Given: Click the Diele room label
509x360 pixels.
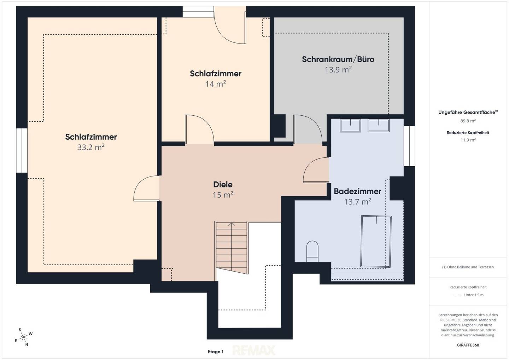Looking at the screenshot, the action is (223, 184).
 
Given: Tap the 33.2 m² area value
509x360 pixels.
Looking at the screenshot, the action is (90, 147).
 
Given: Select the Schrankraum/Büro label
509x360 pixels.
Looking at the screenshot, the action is (338, 59).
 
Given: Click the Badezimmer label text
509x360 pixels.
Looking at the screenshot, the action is (357, 191).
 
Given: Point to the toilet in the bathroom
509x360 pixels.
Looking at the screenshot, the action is (312, 251).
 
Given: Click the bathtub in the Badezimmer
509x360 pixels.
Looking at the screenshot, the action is (376, 241).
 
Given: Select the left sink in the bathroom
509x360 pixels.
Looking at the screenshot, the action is (350, 125).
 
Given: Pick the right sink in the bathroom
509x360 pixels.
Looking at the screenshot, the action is (378, 125).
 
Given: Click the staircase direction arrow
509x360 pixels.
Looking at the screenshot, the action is (231, 248).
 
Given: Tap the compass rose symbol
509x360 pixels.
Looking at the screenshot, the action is (23, 337).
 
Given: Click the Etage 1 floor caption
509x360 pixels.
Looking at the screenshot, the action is (215, 352).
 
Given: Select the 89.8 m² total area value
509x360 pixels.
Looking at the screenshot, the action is (468, 121).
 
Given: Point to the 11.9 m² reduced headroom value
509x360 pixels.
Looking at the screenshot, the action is (468, 140).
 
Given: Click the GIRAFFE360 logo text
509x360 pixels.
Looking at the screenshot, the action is (468, 345).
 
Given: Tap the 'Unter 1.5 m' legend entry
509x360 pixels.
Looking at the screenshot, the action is (474, 295).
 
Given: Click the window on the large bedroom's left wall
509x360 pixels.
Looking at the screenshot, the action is (22, 150).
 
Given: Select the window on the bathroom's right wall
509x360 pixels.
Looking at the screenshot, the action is (409, 146).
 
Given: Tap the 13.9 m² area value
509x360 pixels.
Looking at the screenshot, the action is (338, 70).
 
